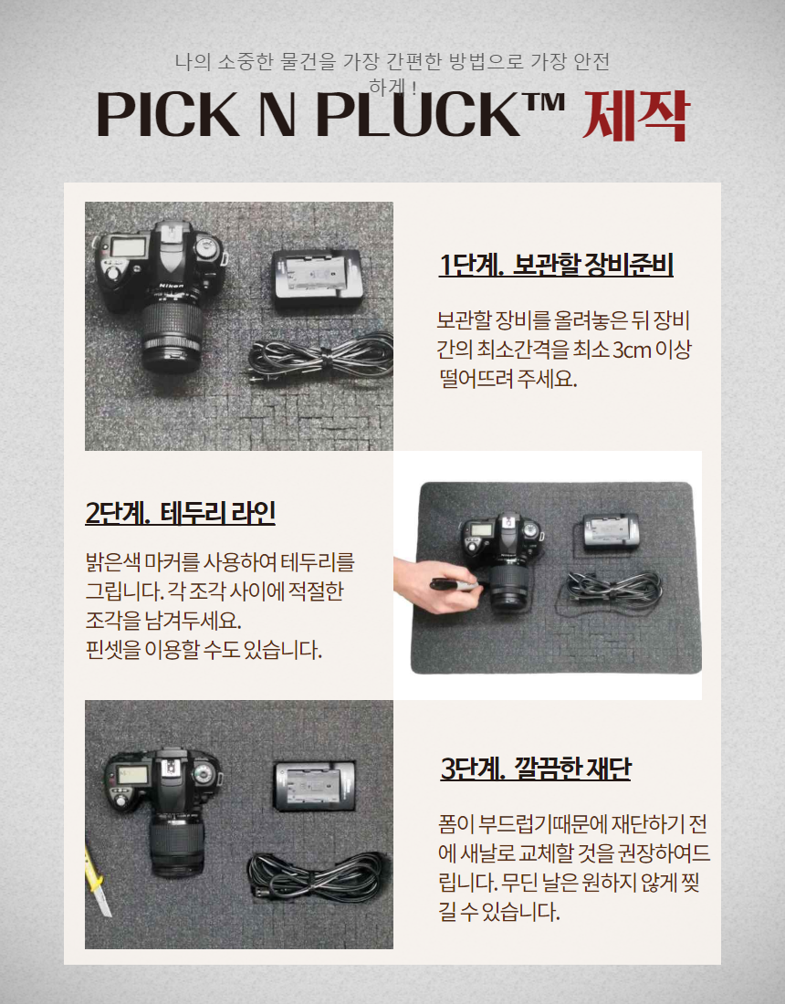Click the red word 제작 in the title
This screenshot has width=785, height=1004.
634,115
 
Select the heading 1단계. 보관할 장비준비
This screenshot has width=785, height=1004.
556,265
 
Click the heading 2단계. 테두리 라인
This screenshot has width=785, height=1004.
181,513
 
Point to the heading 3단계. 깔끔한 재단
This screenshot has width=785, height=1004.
535,768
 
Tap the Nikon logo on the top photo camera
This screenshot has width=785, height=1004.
171,285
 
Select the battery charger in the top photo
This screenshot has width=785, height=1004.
318,280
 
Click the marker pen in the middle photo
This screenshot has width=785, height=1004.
455,584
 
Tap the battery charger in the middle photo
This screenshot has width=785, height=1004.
611,532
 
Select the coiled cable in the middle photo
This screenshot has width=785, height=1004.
612,589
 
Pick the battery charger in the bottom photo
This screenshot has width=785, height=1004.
314,786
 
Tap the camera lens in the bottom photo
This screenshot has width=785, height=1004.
177,845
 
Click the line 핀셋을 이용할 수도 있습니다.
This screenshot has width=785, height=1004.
204,650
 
